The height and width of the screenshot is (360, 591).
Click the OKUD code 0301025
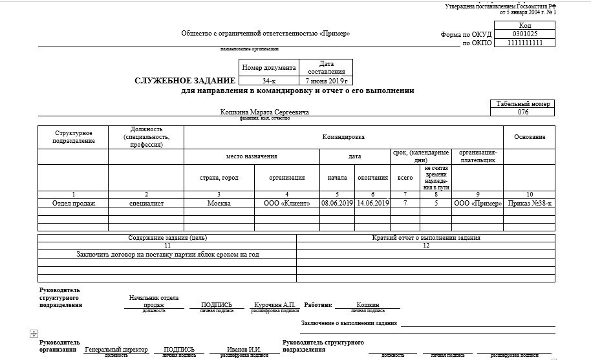click(x=524, y=34)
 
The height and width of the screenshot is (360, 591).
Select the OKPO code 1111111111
click(x=524, y=43)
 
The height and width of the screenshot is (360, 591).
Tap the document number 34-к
click(x=268, y=81)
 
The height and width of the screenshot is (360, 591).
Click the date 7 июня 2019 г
click(x=327, y=81)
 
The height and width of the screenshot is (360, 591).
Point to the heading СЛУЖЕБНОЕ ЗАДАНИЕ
click(x=184, y=81)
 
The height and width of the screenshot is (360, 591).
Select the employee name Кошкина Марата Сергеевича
click(x=264, y=112)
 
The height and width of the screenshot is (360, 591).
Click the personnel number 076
click(x=523, y=112)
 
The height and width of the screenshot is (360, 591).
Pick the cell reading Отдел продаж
click(x=73, y=203)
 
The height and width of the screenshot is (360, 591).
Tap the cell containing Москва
click(x=219, y=203)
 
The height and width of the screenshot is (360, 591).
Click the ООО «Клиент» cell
click(x=286, y=203)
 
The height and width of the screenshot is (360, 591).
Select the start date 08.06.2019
click(x=337, y=203)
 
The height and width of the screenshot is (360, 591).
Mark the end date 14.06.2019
click(x=372, y=203)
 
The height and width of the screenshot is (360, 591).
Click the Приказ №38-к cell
click(x=529, y=203)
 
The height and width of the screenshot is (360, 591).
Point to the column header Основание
click(x=529, y=137)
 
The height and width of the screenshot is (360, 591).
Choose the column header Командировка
click(x=343, y=137)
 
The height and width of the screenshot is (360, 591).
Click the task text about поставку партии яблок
click(x=167, y=254)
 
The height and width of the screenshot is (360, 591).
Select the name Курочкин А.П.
click(x=274, y=304)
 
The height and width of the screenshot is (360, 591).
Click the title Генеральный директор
click(x=116, y=350)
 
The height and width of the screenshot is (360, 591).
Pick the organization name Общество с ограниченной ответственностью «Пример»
click(x=265, y=34)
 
